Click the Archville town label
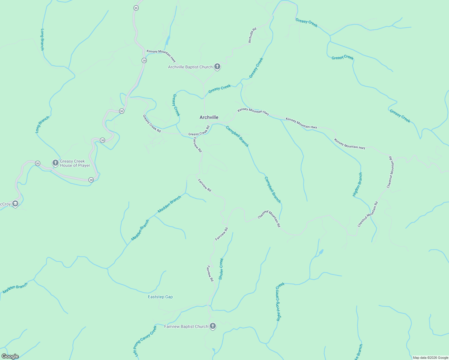(x=209, y=117)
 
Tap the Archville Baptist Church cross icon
(x=217, y=67)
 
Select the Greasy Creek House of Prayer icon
(x=55, y=163)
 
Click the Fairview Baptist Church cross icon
(x=212, y=326)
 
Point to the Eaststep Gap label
(x=160, y=297)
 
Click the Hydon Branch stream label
(x=357, y=184)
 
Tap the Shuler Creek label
(x=221, y=269)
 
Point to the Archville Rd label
(x=252, y=35)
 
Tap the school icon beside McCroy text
(x=15, y=204)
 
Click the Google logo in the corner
(x=10, y=356)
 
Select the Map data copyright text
(x=430, y=358)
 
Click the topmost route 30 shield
(x=136, y=8)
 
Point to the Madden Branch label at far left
(x=15, y=288)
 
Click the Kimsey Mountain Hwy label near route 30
(x=161, y=55)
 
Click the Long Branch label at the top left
(x=42, y=39)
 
